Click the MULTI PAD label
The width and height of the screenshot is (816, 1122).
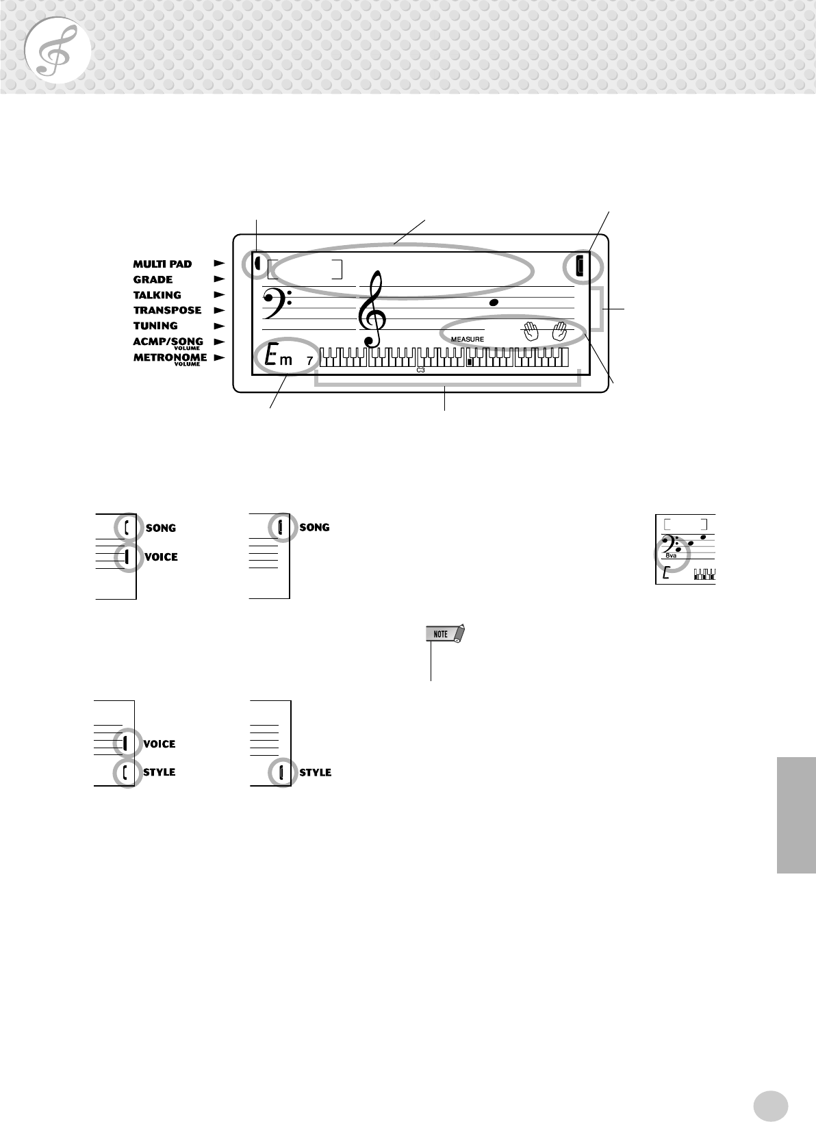[x=162, y=264]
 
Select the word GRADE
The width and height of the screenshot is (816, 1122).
[x=153, y=279]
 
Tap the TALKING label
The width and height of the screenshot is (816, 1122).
[x=157, y=295]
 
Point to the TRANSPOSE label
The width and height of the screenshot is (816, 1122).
[x=167, y=310]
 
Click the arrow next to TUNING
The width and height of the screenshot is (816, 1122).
[x=219, y=326]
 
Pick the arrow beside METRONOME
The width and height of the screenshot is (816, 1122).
[x=219, y=357]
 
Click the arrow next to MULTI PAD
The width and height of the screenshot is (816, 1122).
[x=219, y=263]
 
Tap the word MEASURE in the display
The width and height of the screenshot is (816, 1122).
[x=468, y=340]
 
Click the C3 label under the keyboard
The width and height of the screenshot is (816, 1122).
[x=420, y=370]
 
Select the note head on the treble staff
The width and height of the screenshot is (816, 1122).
[x=494, y=302]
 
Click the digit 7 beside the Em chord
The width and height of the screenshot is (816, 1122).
[x=309, y=360]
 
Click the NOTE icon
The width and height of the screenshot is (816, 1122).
[x=444, y=635]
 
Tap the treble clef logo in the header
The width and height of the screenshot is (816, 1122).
[x=57, y=52]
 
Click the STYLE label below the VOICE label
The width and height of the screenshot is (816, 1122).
[x=159, y=772]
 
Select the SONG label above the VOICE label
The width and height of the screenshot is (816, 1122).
[x=161, y=528]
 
